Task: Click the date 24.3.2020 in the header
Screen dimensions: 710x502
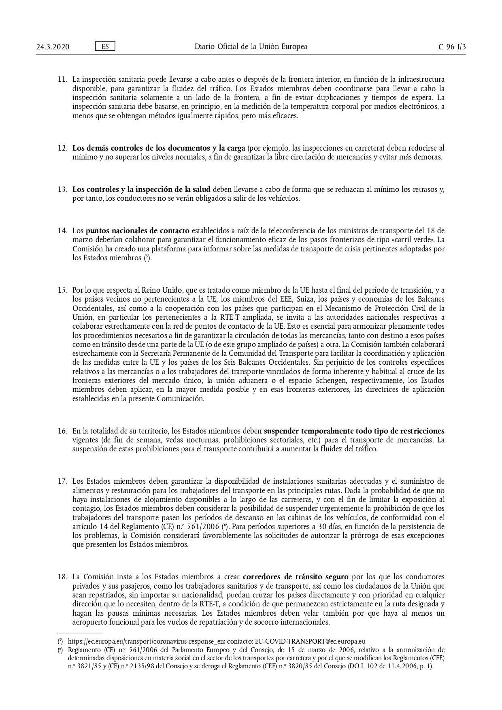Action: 53,47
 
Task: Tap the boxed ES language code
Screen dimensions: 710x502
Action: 105,47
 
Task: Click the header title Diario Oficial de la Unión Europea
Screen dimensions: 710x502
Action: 251,47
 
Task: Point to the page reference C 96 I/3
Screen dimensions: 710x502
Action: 452,47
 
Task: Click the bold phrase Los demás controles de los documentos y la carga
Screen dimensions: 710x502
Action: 159,148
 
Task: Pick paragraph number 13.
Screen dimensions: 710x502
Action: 62,189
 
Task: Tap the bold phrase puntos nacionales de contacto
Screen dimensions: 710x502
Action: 137,231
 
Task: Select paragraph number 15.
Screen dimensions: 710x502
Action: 62,290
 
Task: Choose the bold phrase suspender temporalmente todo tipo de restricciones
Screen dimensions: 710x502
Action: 354,431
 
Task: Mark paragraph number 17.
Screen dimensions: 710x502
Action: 62,482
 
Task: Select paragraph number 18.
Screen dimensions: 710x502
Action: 62,577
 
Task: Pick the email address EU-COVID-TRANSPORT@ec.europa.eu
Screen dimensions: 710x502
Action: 310,642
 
